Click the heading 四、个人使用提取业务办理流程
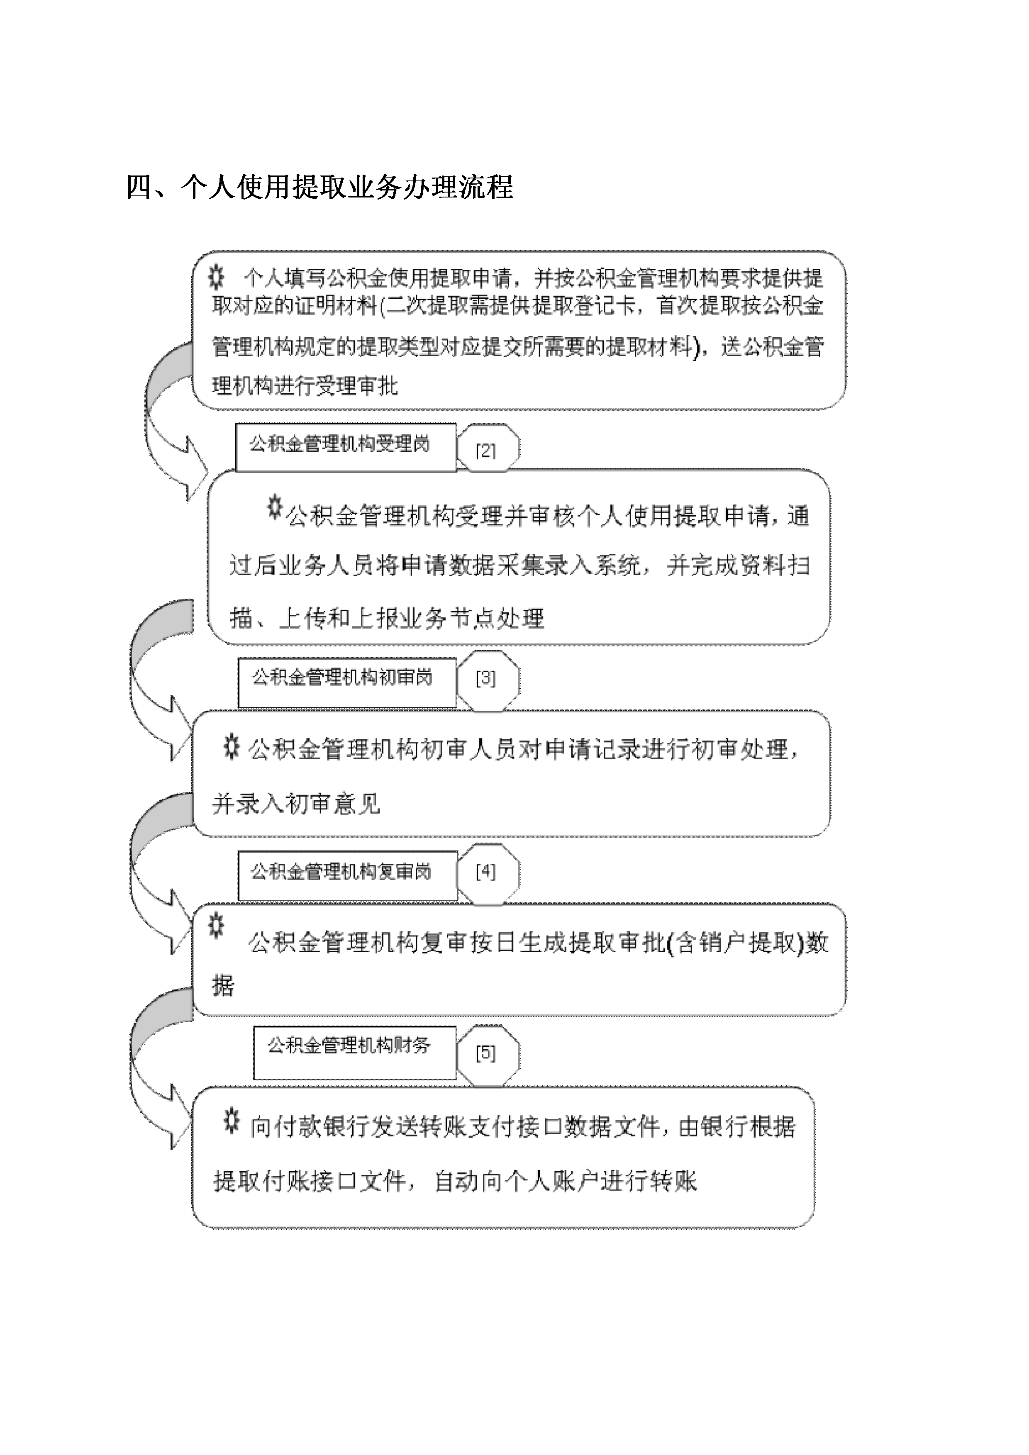320,187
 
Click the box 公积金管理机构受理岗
346,447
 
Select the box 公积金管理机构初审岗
347,682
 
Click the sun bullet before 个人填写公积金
216,278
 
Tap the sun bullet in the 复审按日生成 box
216,926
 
